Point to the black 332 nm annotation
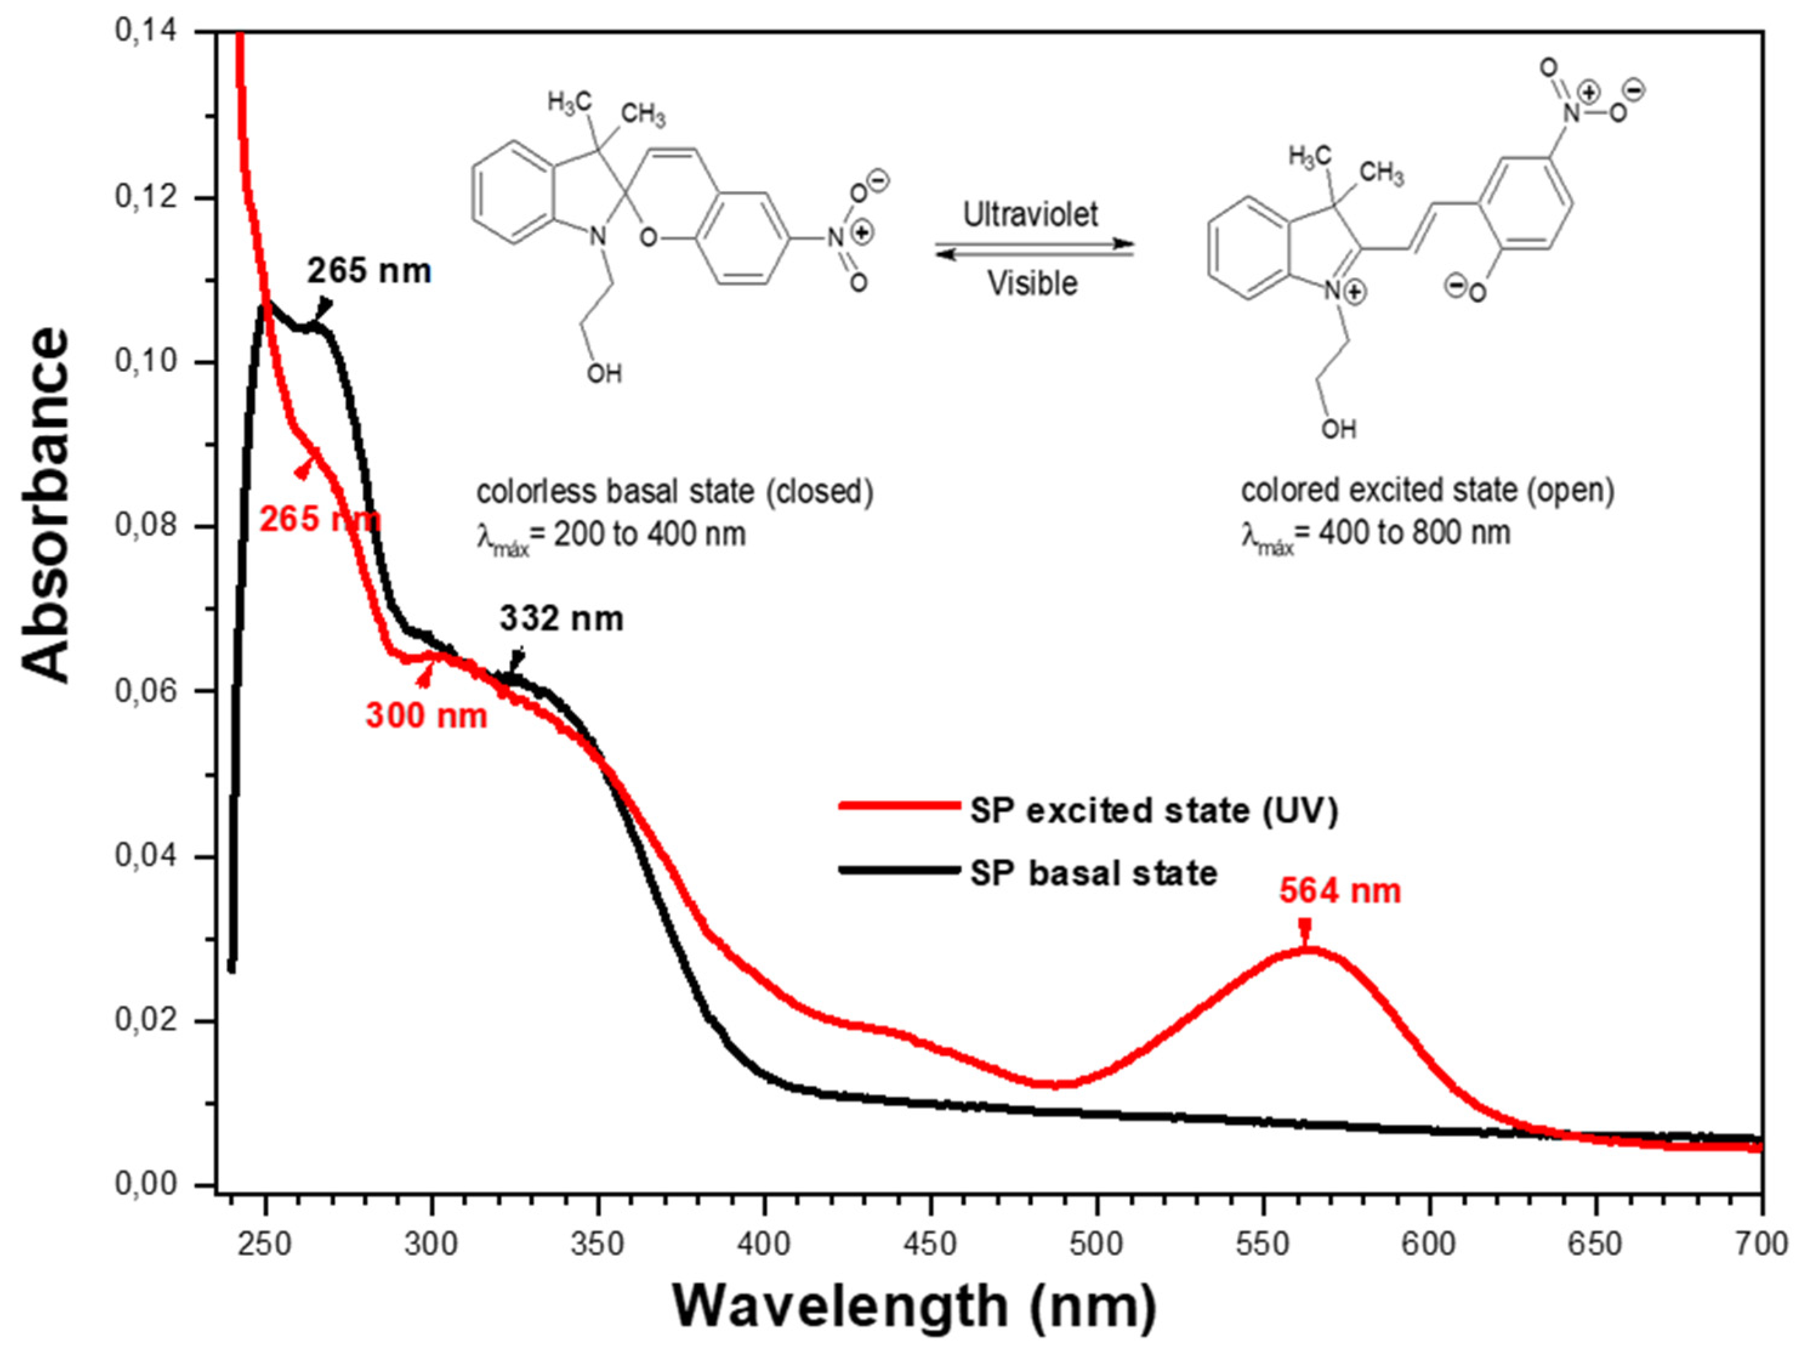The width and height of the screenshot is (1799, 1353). [x=561, y=619]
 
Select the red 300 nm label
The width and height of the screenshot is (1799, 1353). [x=426, y=715]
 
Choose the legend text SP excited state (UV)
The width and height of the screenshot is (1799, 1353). [x=1154, y=811]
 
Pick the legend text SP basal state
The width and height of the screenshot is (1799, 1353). [x=1094, y=873]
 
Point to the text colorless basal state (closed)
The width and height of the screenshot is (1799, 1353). [x=675, y=492]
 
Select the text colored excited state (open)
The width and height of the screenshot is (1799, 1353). [x=1427, y=490]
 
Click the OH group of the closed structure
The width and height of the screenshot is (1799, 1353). [x=604, y=373]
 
